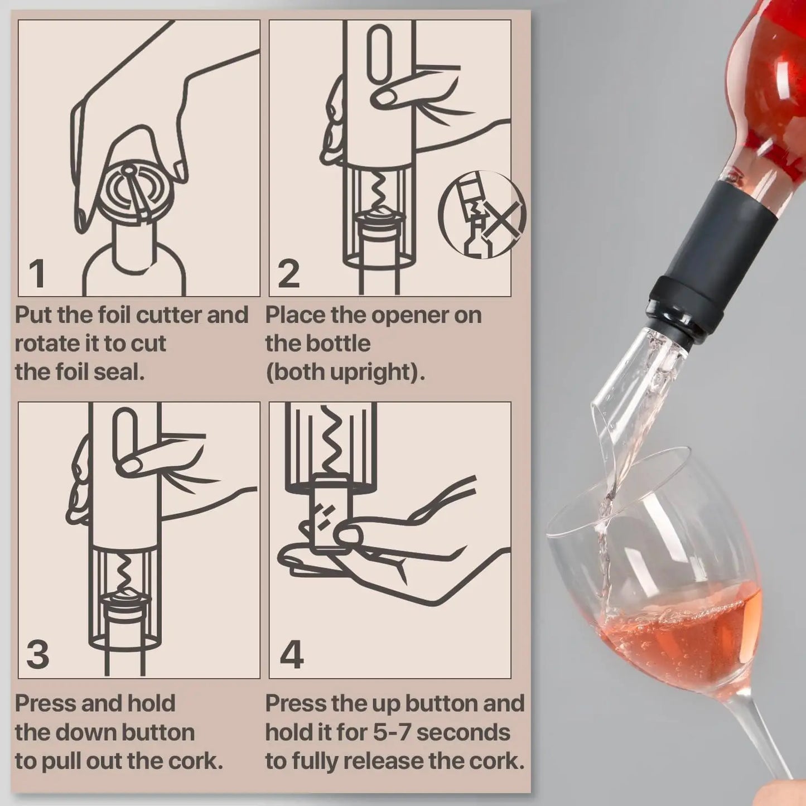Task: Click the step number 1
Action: tap(37, 273)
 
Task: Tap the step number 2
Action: tap(288, 273)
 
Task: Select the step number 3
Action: tap(38, 655)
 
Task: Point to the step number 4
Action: tap(291, 655)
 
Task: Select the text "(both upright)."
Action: tap(345, 372)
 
